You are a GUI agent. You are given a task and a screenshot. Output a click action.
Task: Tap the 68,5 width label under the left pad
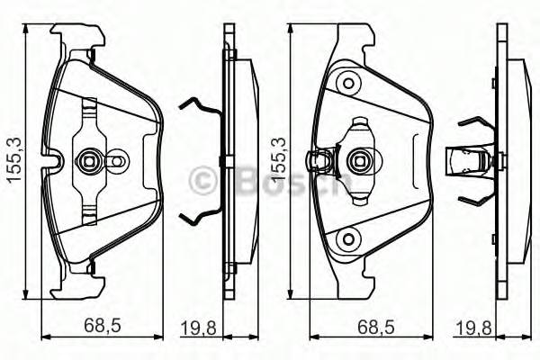(x=102, y=325)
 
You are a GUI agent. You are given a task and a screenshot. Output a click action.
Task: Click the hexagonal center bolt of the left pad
(x=89, y=162)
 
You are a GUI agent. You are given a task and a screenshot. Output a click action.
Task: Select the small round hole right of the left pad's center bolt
(x=115, y=163)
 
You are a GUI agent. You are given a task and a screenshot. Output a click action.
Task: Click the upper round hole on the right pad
(x=346, y=84)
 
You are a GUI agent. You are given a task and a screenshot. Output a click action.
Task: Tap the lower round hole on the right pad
(x=346, y=239)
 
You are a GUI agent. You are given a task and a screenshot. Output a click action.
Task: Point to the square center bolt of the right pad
(x=357, y=162)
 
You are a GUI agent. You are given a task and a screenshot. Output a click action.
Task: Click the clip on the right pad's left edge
(x=317, y=162)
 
